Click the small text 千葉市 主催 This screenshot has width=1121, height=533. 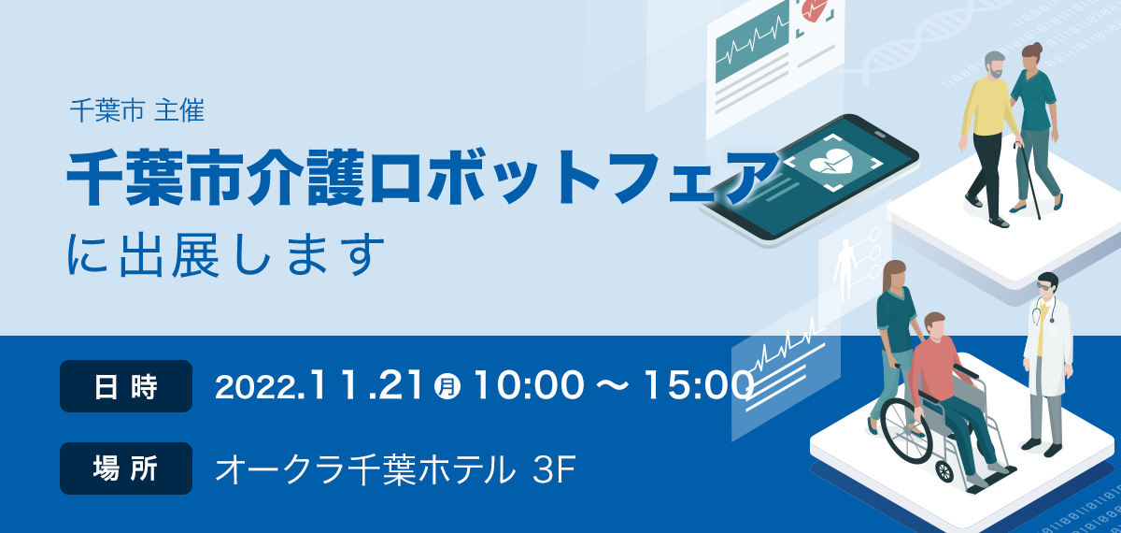137,110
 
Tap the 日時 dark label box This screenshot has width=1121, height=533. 126,386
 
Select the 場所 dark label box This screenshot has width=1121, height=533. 126,468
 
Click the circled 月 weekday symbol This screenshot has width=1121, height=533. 447,386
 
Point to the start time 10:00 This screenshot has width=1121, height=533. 529,385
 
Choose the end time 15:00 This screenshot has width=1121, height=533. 699,385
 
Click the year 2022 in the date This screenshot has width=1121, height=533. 256,387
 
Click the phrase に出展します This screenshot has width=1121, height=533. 226,254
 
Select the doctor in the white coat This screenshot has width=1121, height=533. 1047,364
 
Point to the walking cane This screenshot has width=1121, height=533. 1029,180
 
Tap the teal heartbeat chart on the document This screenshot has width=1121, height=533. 752,43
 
